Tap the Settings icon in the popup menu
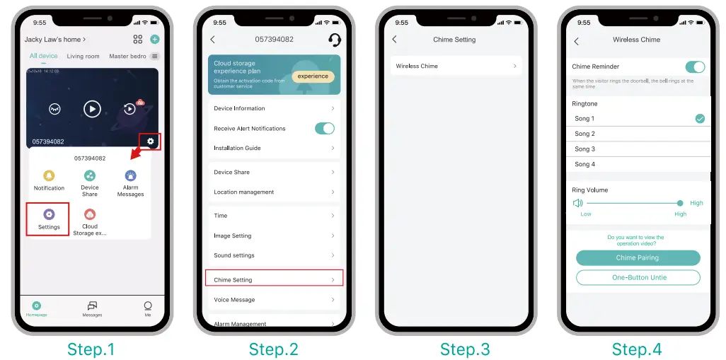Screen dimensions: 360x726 tap(49, 214)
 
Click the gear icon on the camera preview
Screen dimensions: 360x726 tap(150, 141)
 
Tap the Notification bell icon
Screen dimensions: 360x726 tap(49, 176)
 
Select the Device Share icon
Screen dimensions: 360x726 tap(90, 176)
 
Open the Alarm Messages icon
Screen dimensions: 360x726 tap(130, 176)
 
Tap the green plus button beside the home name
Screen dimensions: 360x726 tap(155, 40)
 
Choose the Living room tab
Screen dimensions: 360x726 tap(83, 56)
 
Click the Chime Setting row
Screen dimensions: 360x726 tap(274, 280)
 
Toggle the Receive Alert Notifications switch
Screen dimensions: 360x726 tap(324, 128)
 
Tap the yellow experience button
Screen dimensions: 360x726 tap(313, 76)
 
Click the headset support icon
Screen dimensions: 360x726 tap(335, 40)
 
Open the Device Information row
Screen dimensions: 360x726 tap(274, 108)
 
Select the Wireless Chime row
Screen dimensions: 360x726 tap(456, 66)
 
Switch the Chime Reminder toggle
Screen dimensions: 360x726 tap(695, 66)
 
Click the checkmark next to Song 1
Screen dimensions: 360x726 tap(700, 119)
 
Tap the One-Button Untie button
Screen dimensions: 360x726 tap(638, 277)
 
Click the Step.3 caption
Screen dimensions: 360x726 tap(464, 349)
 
